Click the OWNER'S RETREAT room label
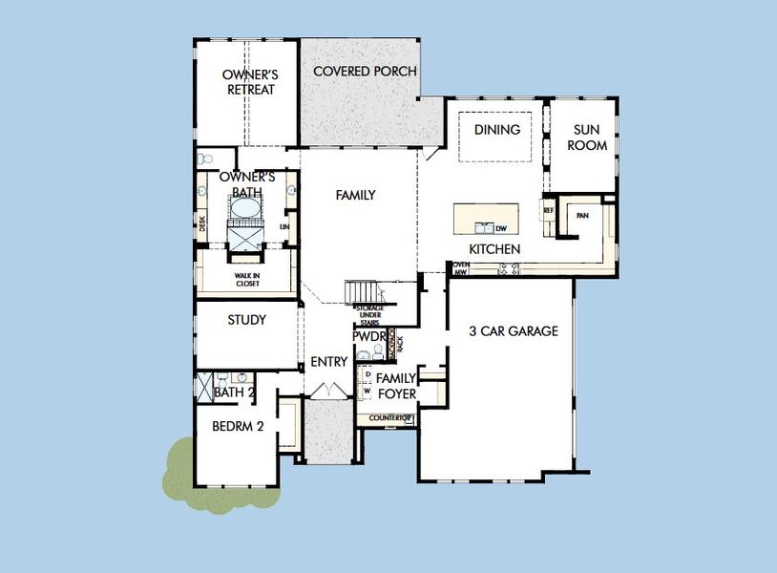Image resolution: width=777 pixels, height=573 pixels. point(248,81)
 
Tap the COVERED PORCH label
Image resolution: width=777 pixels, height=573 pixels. point(358,72)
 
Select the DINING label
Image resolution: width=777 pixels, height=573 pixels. point(496,130)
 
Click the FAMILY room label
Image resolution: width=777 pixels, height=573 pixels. point(355,195)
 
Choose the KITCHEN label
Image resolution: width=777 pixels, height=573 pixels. point(494,249)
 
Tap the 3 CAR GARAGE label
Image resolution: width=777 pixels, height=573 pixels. point(514,331)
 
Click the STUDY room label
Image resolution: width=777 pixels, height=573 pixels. point(246,320)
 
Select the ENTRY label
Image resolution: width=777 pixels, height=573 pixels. point(328,363)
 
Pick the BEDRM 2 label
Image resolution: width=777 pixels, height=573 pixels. point(237,426)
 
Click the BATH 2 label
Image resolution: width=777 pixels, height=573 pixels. point(234,392)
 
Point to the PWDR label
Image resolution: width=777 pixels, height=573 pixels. point(367,337)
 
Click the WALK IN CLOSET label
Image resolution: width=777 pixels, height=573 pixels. point(247,279)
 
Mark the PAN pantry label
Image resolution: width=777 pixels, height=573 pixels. point(582,216)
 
